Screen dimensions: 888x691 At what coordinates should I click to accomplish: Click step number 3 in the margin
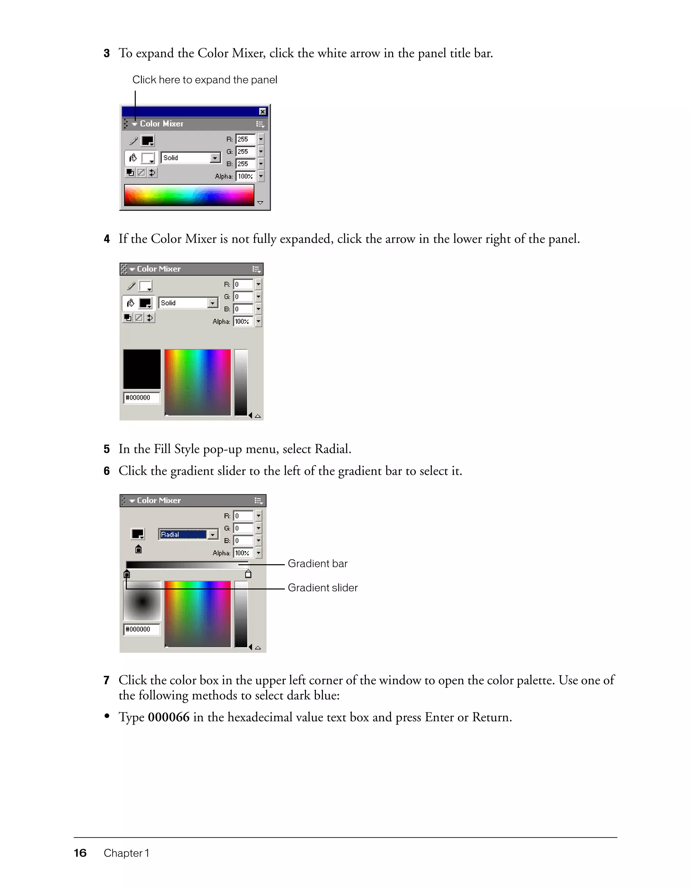point(107,53)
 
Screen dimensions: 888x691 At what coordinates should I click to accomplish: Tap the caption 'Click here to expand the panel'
point(204,80)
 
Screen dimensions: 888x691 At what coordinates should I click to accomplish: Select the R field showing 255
point(245,139)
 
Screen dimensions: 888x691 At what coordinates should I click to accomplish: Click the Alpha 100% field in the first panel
point(245,176)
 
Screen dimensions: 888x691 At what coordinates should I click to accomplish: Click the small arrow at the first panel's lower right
point(260,202)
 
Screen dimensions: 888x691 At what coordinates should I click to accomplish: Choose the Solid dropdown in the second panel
point(188,303)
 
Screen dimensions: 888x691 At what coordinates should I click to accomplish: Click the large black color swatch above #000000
point(142,369)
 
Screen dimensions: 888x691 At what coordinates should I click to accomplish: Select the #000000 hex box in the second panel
point(141,398)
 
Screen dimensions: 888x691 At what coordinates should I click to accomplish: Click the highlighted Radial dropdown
point(188,534)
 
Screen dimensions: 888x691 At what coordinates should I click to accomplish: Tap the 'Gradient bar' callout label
point(317,564)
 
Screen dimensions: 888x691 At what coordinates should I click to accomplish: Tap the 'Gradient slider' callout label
point(323,588)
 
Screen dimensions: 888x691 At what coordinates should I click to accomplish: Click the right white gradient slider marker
point(248,574)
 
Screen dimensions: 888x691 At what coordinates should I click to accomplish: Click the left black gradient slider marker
point(127,574)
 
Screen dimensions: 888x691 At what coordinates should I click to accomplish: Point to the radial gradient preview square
point(142,601)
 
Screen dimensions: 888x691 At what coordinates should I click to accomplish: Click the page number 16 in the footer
point(80,853)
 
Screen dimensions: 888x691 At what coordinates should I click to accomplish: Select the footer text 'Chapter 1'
point(126,853)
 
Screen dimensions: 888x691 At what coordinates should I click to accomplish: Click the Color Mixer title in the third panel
point(159,500)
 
